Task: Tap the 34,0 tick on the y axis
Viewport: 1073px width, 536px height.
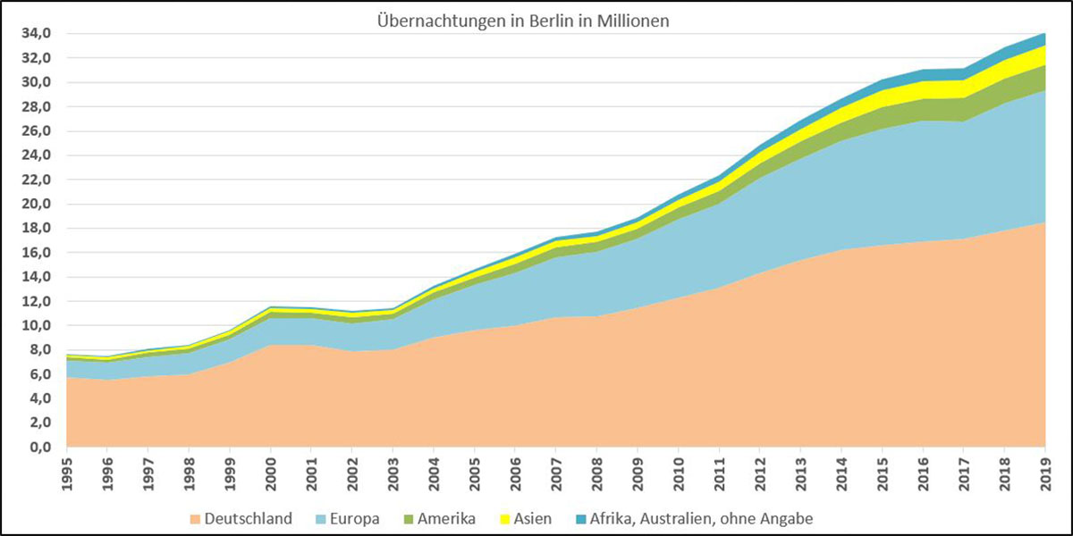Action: [x=38, y=34]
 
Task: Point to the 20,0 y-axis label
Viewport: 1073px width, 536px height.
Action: [x=38, y=204]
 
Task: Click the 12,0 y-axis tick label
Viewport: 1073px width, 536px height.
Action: [x=38, y=301]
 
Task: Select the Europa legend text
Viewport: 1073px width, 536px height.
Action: [x=356, y=517]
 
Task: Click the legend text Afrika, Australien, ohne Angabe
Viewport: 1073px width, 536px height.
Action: [x=701, y=517]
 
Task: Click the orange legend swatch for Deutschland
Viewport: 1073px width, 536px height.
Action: [x=194, y=518]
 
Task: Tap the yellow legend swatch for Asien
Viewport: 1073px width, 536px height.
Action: [x=504, y=518]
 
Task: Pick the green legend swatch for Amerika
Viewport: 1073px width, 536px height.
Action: [x=410, y=518]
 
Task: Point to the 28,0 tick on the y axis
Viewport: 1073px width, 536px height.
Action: [x=38, y=106]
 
